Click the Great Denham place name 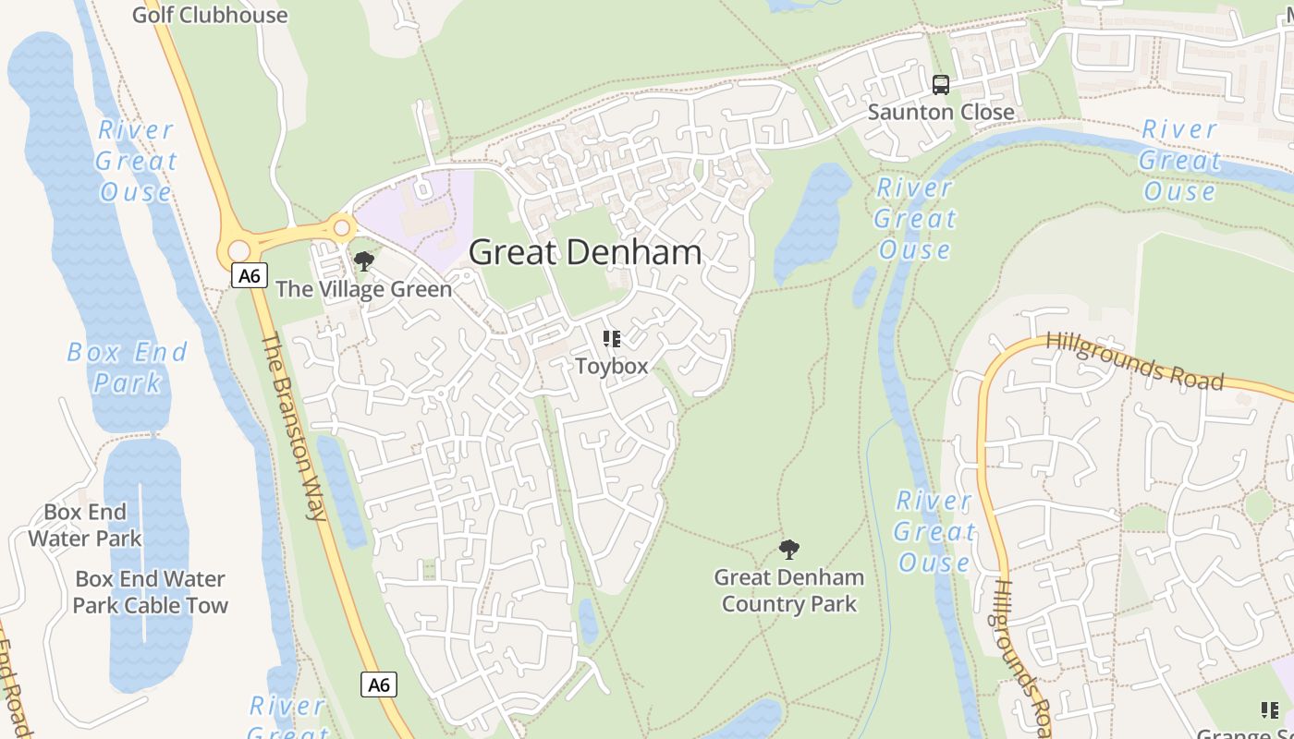pyautogui.click(x=585, y=252)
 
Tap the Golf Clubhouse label pyautogui.click(x=210, y=15)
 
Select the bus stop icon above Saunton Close pyautogui.click(x=941, y=85)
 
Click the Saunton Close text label pyautogui.click(x=941, y=112)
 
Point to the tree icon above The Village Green pyautogui.click(x=364, y=261)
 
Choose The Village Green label pyautogui.click(x=364, y=289)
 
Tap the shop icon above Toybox pyautogui.click(x=611, y=339)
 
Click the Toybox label pyautogui.click(x=611, y=366)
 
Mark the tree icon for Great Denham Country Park pyautogui.click(x=788, y=550)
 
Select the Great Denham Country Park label pyautogui.click(x=788, y=590)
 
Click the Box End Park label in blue pyautogui.click(x=128, y=367)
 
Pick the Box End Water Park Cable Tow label pyautogui.click(x=151, y=592)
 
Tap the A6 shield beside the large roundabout pyautogui.click(x=250, y=275)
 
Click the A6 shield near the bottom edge pyautogui.click(x=379, y=684)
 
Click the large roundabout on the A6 pyautogui.click(x=239, y=250)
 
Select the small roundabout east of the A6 pyautogui.click(x=342, y=226)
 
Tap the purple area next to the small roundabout pyautogui.click(x=416, y=217)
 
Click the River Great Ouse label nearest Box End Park pyautogui.click(x=136, y=161)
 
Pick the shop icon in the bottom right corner pyautogui.click(x=1270, y=709)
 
